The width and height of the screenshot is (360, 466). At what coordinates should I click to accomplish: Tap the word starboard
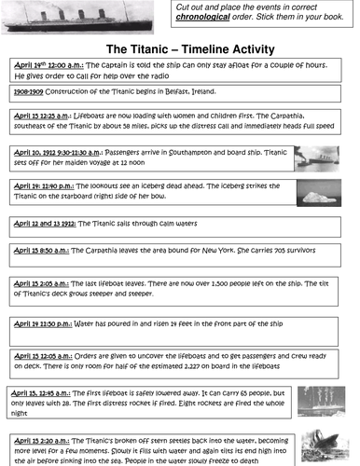coord(80,197)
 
